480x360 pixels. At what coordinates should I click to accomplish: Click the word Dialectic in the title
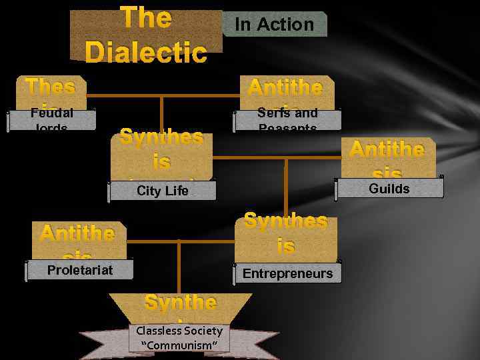click(x=146, y=52)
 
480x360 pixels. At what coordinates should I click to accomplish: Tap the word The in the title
click(x=146, y=18)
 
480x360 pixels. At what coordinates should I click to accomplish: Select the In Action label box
click(x=275, y=24)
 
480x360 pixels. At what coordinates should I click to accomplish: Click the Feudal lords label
click(x=51, y=119)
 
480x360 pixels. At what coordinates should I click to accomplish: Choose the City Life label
click(x=163, y=191)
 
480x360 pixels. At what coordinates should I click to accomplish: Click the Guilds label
click(x=389, y=189)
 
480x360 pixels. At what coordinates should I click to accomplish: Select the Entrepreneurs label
click(x=287, y=273)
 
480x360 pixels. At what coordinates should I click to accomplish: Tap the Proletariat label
click(x=80, y=269)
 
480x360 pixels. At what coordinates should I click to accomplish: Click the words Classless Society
click(x=179, y=331)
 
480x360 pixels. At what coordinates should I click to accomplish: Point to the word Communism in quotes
click(x=179, y=345)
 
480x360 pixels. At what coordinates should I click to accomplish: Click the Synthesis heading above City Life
click(x=161, y=150)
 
